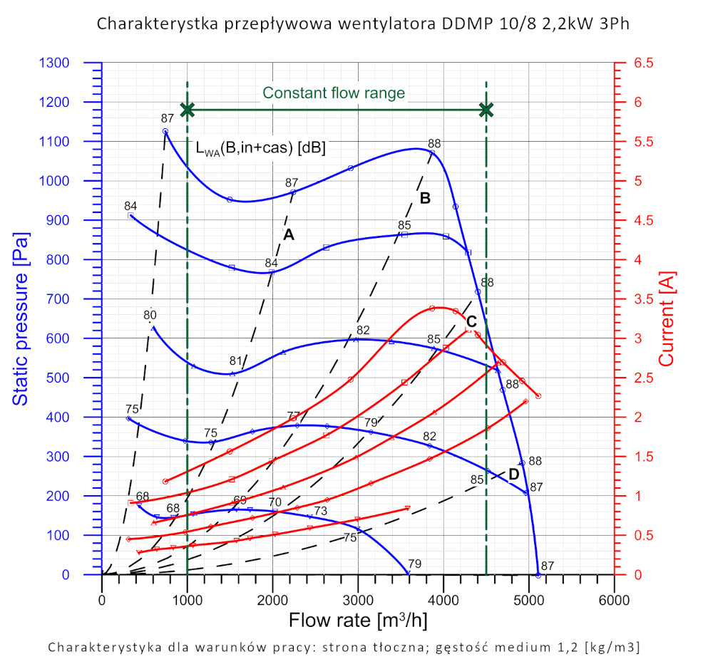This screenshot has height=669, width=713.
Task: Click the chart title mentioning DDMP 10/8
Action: point(363,24)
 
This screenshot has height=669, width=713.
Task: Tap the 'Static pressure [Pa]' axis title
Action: point(20,318)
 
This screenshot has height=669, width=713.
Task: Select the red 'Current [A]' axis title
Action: point(666,318)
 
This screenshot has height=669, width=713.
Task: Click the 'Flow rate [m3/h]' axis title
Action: point(358,620)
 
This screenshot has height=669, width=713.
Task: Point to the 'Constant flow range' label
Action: point(334,93)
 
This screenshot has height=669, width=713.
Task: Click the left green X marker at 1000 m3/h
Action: point(188,110)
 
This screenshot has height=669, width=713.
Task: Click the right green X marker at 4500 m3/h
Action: point(486,110)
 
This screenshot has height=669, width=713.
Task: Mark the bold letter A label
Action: point(289,234)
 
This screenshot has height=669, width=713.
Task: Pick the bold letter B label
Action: point(425,199)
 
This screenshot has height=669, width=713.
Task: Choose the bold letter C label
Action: point(471,321)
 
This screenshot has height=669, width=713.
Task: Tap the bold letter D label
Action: point(513,474)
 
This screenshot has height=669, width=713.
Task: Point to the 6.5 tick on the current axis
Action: point(643,63)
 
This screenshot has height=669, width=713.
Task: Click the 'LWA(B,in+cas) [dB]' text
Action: point(260,149)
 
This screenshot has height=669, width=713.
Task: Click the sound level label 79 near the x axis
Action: point(414,564)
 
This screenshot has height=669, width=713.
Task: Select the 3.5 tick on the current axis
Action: point(643,299)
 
